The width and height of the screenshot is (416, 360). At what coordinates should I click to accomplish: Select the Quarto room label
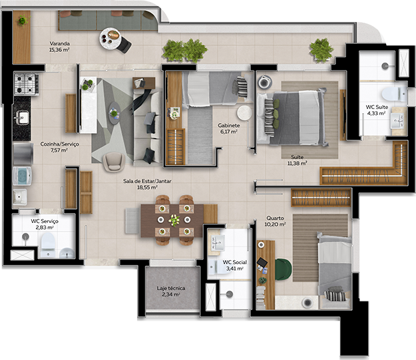pyautogui.click(x=276, y=218)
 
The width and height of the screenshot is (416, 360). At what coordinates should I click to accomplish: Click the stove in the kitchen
pyautogui.click(x=27, y=83)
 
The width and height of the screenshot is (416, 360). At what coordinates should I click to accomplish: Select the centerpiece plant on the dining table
pyautogui.click(x=174, y=219)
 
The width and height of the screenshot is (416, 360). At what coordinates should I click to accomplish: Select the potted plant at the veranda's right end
pyautogui.click(x=321, y=49)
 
